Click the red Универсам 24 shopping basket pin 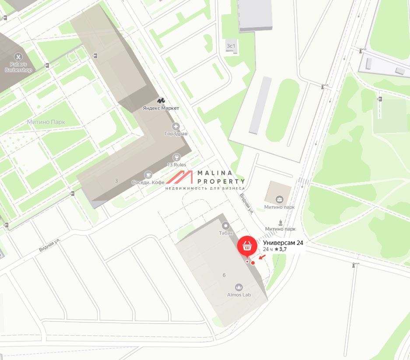click(247, 245)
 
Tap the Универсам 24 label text click(283, 243)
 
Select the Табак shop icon click(226, 226)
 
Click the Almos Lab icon click(239, 287)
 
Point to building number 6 click(224, 275)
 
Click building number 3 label click(116, 181)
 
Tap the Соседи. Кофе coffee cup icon click(148, 175)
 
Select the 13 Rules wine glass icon click(177, 157)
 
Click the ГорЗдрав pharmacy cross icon click(176, 126)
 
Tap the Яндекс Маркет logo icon click(161, 101)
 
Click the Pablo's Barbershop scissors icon click(18, 56)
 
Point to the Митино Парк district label click(46, 122)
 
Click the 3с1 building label click(231, 45)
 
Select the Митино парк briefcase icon click(280, 200)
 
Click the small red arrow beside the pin click(262, 257)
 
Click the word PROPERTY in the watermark click(221, 181)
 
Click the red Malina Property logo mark click(180, 177)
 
